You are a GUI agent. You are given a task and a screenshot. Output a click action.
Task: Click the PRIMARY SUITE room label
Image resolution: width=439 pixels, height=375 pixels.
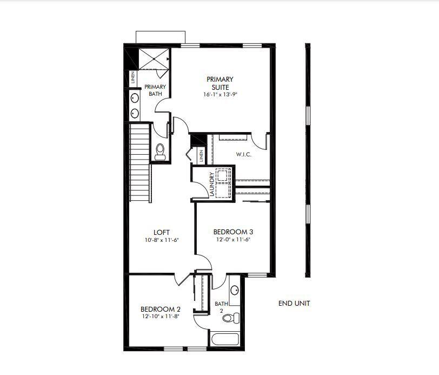point(220,83)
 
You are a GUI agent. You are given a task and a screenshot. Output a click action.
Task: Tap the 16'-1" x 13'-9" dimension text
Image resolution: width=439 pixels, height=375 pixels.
point(220,94)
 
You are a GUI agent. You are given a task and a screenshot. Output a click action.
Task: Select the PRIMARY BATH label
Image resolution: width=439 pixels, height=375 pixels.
point(155,90)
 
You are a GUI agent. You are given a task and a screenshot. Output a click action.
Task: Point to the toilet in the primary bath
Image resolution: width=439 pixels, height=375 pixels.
point(161,151)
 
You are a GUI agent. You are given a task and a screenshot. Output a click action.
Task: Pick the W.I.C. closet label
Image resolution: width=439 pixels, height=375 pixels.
point(243,154)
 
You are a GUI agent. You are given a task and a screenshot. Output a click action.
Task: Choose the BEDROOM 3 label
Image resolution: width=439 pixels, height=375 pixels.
point(234,232)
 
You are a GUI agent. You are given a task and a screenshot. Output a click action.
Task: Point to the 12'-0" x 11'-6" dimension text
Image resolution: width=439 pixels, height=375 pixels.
point(234,240)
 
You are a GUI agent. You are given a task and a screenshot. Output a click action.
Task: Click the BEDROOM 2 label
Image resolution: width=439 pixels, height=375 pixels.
point(161,309)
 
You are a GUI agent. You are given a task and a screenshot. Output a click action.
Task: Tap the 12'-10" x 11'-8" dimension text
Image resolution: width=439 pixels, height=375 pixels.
point(161,317)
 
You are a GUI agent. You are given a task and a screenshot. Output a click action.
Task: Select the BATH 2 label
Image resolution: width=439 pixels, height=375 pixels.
point(221,307)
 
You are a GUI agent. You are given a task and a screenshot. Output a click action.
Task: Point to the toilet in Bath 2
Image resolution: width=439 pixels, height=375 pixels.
point(232,318)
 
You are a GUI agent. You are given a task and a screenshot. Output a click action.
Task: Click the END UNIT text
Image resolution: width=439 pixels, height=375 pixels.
point(294,304)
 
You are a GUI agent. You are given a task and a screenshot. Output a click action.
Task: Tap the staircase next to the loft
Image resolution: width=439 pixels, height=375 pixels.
point(139,162)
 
